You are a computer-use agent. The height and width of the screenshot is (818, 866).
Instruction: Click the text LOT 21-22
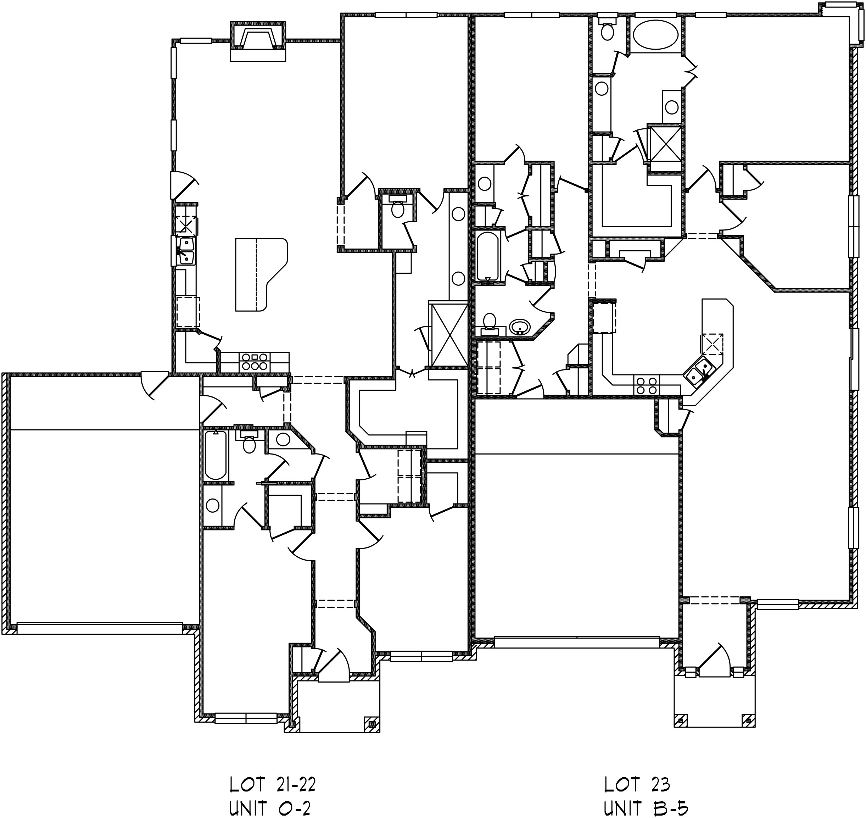272,784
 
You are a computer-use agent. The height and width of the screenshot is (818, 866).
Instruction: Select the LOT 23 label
637,784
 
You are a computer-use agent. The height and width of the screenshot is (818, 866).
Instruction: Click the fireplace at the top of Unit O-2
258,41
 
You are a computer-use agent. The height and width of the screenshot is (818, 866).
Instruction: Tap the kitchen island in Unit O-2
261,274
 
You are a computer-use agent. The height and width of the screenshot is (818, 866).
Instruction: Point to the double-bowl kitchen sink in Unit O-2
186,251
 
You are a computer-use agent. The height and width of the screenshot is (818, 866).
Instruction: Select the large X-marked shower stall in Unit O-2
449,334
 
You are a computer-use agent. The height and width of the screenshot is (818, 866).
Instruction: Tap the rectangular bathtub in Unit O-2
215,455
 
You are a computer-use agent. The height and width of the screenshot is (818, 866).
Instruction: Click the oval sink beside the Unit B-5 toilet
520,326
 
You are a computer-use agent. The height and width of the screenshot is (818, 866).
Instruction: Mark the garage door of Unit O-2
99,628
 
